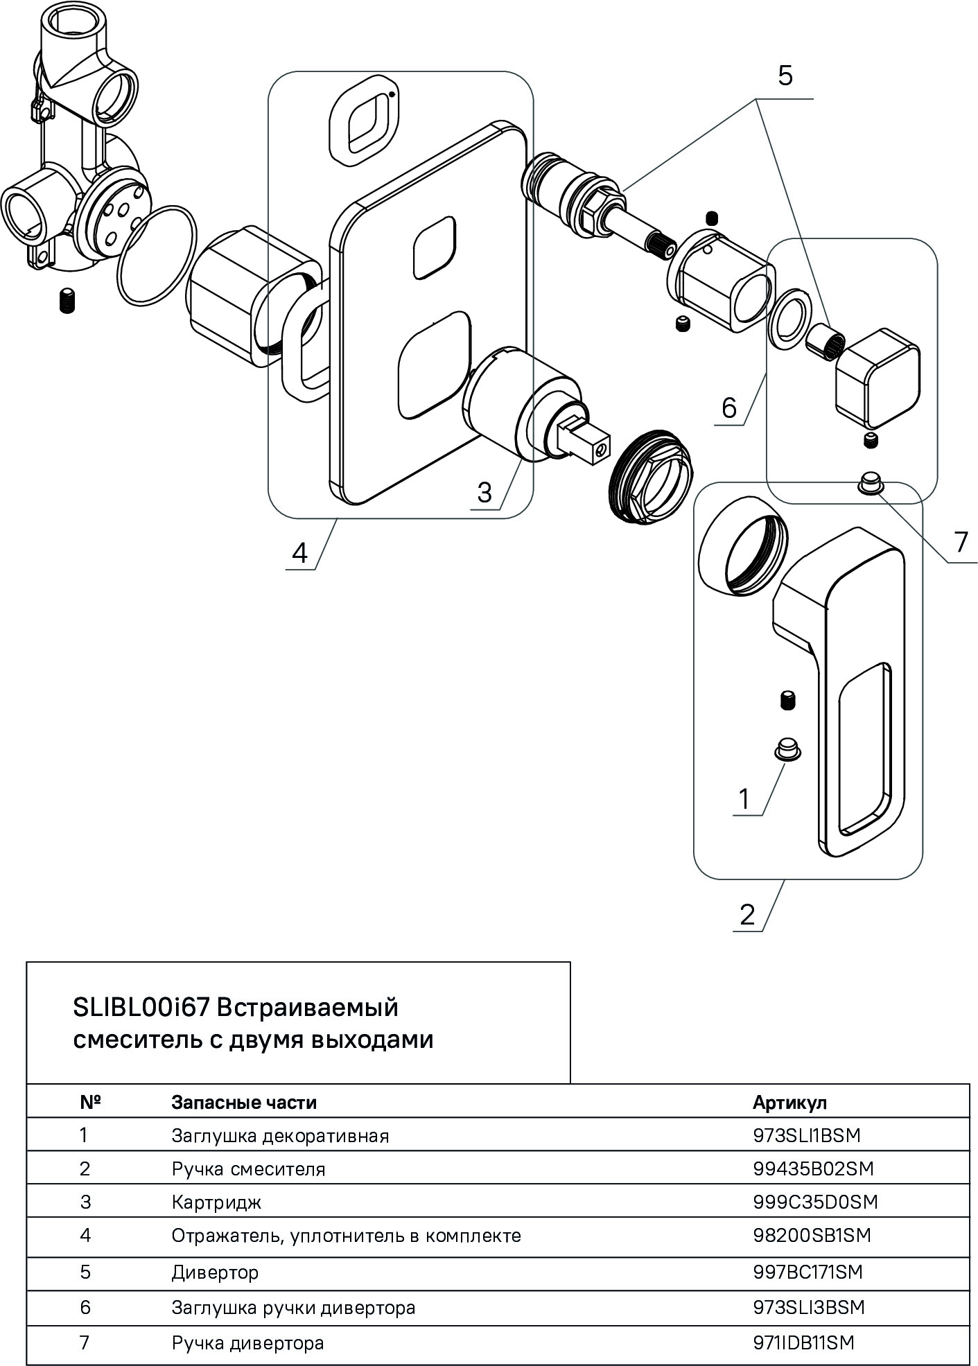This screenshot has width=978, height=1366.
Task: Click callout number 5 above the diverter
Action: click(785, 76)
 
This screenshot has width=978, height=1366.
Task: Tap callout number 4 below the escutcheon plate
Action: click(299, 552)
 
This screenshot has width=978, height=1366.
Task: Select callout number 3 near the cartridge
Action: click(484, 491)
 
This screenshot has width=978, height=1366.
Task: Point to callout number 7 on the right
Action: click(960, 541)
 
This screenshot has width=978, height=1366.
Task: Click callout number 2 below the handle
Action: click(747, 915)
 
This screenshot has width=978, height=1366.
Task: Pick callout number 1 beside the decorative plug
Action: click(744, 798)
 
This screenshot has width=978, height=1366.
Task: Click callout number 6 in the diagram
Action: click(728, 408)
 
